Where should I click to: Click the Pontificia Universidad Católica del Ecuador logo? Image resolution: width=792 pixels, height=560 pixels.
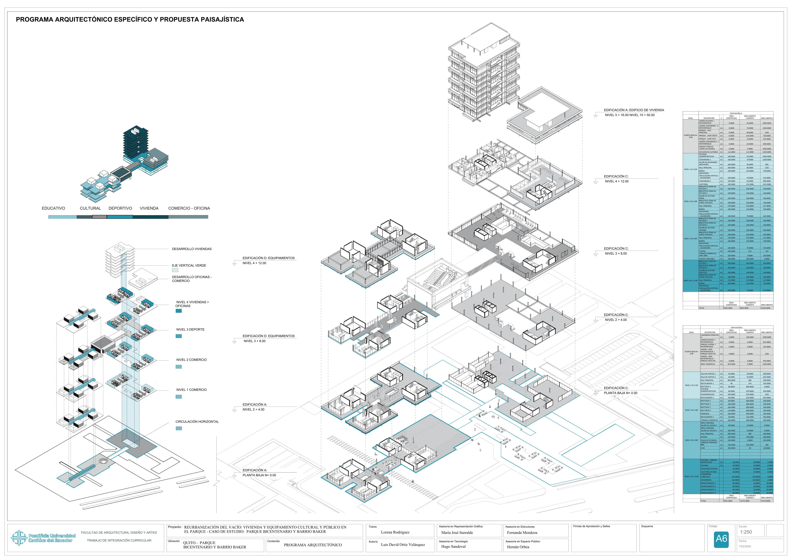pos(43,538)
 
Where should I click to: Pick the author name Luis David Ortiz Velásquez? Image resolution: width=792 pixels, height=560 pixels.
pos(403,545)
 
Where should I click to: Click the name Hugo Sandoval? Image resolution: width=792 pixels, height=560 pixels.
pos(453,547)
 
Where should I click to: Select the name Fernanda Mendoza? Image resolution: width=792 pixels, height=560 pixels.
pos(522,533)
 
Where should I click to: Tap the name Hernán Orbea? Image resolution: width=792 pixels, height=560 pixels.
pos(518,547)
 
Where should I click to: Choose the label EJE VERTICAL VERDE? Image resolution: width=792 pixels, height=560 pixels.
pos(189,265)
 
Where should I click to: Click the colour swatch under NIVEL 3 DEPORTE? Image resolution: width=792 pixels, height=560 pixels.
pos(179,336)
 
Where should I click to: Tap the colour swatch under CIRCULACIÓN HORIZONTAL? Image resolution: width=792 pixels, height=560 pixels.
pos(179,428)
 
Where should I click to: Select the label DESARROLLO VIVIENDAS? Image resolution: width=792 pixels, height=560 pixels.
pos(192,249)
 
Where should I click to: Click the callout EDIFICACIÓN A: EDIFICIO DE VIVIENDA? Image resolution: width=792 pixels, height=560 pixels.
pos(634,110)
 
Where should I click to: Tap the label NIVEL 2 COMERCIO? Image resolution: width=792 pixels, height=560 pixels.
pos(191,360)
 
